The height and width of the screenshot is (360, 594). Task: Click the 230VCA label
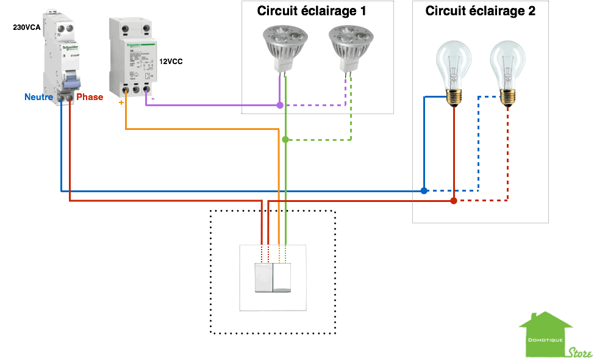(x=27, y=27)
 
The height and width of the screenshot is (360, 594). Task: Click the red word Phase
(x=90, y=97)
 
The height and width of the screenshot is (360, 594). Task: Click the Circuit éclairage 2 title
(x=480, y=10)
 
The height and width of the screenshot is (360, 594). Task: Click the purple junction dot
(x=280, y=106)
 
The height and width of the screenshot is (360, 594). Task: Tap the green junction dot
(x=285, y=140)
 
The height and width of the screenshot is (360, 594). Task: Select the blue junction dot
(x=424, y=191)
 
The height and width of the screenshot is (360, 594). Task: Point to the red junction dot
(x=453, y=200)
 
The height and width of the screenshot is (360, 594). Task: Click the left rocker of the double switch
(x=263, y=278)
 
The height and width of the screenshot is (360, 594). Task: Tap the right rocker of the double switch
(x=283, y=278)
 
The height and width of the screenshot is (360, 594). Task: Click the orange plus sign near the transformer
(x=121, y=103)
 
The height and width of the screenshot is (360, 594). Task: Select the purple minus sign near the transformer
(x=152, y=98)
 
